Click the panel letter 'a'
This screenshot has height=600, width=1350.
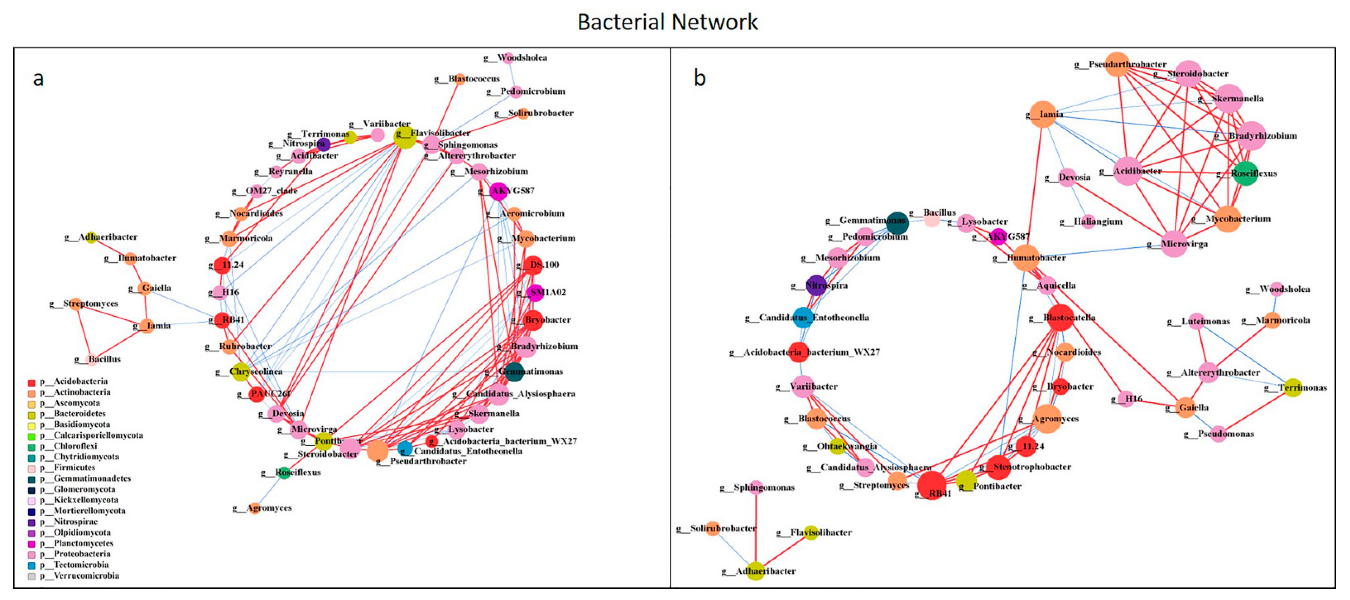[x=38, y=79]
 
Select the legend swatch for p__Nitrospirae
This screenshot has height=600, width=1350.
[x=31, y=522]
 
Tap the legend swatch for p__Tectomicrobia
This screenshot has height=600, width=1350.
[x=31, y=565]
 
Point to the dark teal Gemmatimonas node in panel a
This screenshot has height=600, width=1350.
[x=513, y=371]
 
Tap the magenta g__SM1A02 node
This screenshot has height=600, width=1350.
[x=536, y=292]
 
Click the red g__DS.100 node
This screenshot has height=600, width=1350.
[x=533, y=265]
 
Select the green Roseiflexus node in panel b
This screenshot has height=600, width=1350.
[x=1245, y=173]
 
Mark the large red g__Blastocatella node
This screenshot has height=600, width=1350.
[x=1060, y=318]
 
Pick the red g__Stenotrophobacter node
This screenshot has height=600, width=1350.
[x=999, y=467]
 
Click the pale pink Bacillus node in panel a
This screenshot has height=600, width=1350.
[x=91, y=360]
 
